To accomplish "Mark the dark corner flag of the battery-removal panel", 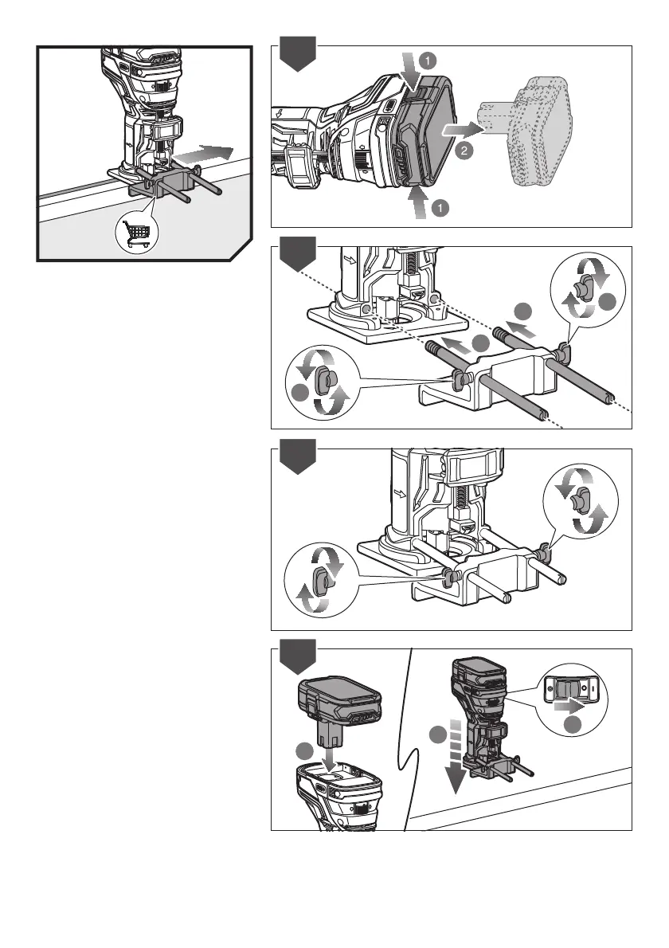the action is [299, 53].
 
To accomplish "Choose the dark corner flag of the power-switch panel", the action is [299, 656].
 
